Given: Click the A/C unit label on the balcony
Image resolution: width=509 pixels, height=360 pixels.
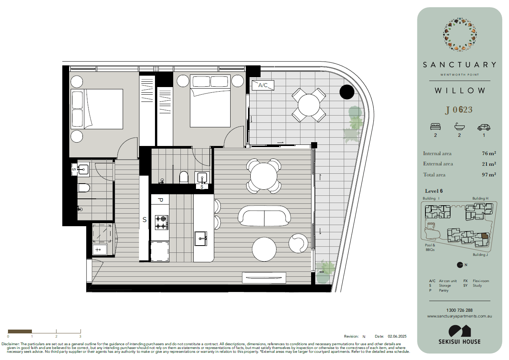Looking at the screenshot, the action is pos(263,85).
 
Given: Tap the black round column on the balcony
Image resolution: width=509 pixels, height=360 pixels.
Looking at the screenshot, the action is pos(347,92).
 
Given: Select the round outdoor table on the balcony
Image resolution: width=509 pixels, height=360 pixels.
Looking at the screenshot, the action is pos(308,105).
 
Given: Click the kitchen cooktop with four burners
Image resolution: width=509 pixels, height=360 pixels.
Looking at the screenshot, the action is pos(161,222).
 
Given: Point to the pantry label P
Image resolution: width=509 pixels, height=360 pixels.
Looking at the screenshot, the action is pos(160,200).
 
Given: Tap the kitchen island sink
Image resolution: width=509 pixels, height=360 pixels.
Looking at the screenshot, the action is pos(201,239).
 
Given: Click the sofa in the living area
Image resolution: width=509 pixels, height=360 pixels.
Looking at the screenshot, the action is pos(264,216).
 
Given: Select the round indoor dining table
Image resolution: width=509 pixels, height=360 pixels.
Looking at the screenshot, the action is pos(264,176).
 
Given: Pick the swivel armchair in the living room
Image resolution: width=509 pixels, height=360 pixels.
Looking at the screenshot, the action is pos(298,243).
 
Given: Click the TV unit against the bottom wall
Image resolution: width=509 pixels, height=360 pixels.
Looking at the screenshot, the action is pos(264,278).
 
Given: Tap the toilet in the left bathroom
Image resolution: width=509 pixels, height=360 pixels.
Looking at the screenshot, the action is pos(84,188).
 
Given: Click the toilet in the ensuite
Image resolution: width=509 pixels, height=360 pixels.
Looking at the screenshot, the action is pos(184,178).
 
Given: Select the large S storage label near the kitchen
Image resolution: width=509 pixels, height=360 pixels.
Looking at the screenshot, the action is pos(144,220).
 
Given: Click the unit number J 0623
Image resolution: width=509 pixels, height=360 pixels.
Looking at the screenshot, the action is pos(458,110).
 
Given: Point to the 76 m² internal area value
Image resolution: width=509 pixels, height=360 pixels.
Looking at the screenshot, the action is pos(489,154).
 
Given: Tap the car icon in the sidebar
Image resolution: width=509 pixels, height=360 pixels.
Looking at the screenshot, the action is pos(484,127).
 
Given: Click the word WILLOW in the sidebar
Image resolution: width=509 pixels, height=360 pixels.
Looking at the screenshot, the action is pos(460,91).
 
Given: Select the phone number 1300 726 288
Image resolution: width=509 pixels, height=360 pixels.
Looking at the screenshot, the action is pos(459,310).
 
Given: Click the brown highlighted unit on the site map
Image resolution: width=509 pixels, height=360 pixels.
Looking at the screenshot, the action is pos(484,236).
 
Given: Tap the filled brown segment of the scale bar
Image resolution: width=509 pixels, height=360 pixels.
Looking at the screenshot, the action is pos(20,331).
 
